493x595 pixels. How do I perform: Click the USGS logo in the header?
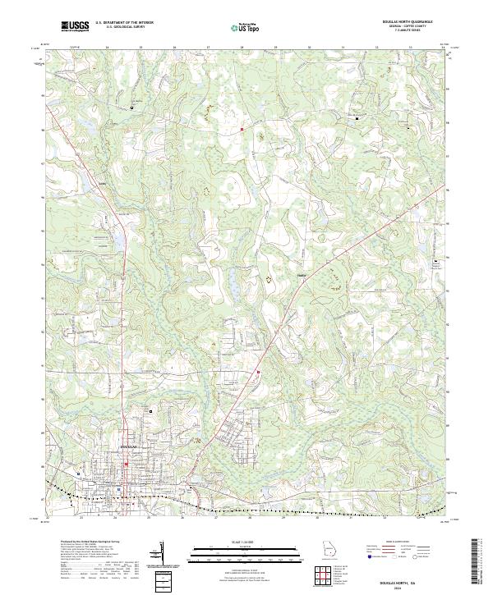point(76,26)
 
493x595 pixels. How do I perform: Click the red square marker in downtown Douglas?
point(126,464)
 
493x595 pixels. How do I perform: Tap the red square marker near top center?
point(242,129)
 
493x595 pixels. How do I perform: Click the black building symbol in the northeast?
point(357,119)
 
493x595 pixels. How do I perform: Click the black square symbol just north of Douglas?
point(150,410)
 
